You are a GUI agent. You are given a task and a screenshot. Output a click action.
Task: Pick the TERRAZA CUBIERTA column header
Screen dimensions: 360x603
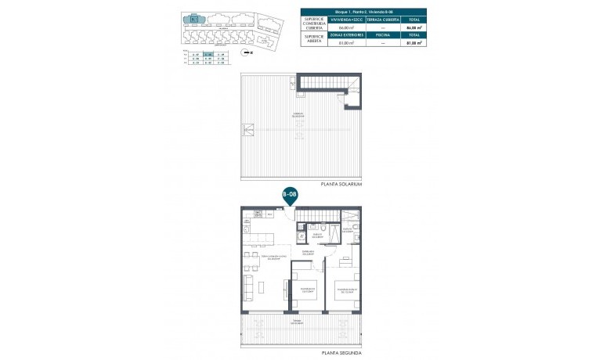coord(379,20)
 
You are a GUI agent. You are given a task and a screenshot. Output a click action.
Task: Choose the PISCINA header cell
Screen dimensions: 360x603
coord(379,35)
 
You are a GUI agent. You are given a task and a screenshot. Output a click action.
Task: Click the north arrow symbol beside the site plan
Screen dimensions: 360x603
coord(247,53)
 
